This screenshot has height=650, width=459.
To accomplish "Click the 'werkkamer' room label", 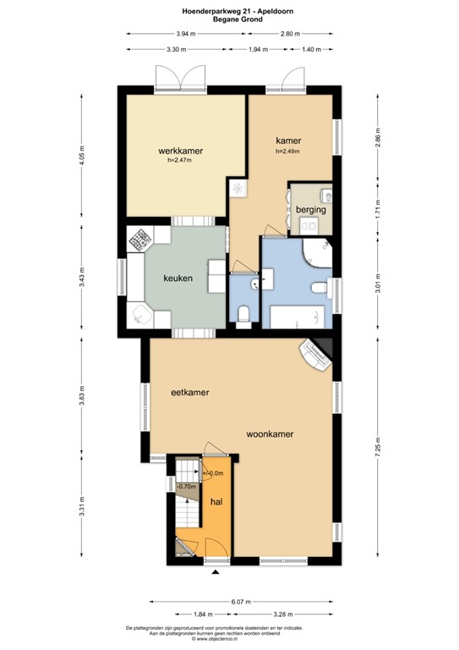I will click(180, 151).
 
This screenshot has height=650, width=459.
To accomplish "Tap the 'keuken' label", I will click(179, 278).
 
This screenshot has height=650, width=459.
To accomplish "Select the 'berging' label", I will click(310, 209).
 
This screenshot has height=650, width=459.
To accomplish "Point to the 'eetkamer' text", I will click(190, 392).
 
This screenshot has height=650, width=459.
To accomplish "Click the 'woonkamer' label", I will click(270, 433).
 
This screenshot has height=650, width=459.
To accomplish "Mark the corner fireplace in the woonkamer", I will click(318, 355).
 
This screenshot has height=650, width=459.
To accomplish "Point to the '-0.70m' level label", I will click(186, 487).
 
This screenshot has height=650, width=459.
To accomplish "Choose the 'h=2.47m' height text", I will click(180, 160).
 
